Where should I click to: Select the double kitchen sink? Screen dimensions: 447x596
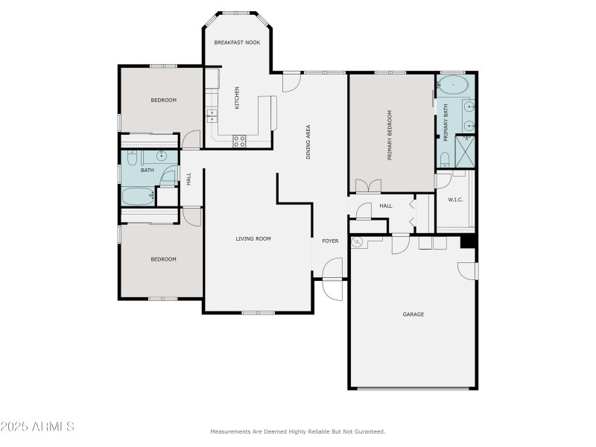click(x=212, y=116)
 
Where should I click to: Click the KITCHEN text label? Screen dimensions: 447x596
click(x=237, y=98)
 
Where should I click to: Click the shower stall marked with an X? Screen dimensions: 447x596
click(x=466, y=152)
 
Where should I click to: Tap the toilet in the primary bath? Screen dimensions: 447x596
click(x=444, y=159)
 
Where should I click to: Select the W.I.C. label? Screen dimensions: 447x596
click(x=456, y=200)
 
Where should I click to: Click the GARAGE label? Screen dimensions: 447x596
click(x=413, y=314)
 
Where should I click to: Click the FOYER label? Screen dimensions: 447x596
click(x=330, y=241)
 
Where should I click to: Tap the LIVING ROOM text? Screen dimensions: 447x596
click(x=253, y=239)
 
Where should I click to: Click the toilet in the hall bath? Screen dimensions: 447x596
click(x=132, y=157)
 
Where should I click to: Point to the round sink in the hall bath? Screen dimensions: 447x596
click(x=161, y=156)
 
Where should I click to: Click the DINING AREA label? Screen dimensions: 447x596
click(x=308, y=142)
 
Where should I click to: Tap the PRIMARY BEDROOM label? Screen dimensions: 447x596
click(x=389, y=136)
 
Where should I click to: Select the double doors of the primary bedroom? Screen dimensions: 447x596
click(x=368, y=186)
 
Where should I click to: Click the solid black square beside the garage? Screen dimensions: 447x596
click(x=468, y=241)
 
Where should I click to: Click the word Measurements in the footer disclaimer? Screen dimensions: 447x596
click(x=229, y=432)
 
